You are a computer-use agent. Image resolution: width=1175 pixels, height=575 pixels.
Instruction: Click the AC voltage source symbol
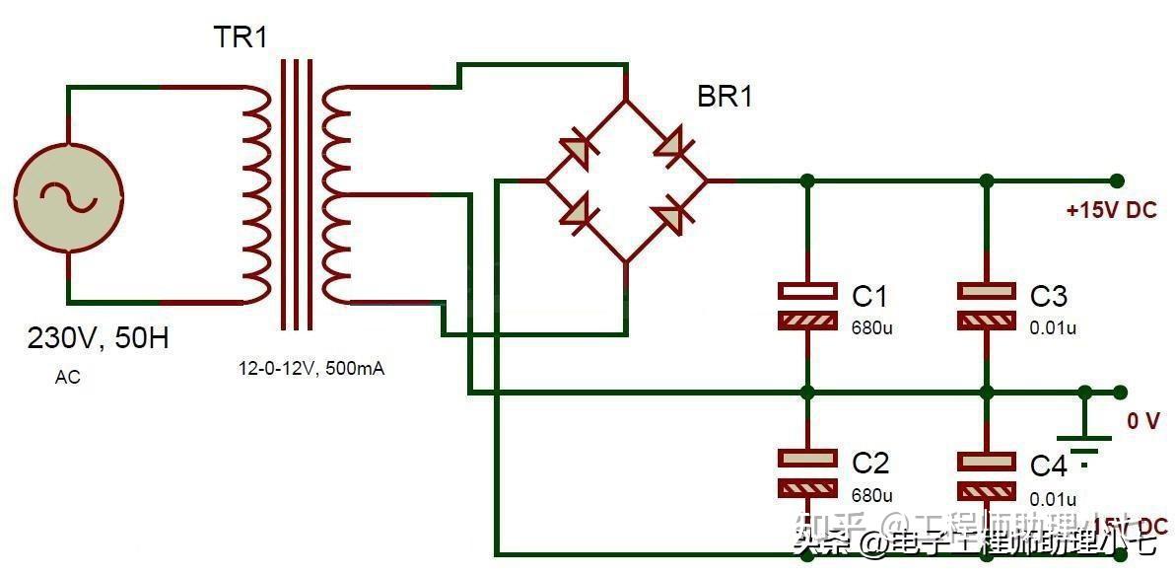[68, 193]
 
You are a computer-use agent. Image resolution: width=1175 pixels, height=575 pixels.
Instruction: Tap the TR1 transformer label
[241, 38]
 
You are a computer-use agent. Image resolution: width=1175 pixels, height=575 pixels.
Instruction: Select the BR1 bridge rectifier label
[725, 97]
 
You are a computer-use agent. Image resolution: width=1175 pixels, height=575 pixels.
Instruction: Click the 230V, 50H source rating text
[98, 338]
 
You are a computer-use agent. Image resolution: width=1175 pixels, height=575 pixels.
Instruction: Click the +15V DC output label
[1111, 210]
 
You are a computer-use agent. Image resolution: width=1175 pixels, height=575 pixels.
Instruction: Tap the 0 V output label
[1143, 421]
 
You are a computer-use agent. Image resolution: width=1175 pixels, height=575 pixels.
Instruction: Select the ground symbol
[1083, 440]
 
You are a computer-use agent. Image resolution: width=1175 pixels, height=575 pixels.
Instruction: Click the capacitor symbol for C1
[807, 306]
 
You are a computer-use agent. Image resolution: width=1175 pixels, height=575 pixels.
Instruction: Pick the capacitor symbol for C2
[807, 472]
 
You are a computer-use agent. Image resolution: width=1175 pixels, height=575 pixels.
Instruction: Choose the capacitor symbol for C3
[987, 306]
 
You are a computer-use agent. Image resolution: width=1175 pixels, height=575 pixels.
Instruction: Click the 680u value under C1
[871, 327]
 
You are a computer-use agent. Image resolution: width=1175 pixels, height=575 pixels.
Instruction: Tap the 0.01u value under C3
[1053, 327]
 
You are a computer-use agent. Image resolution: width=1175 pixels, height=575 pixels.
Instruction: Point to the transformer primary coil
[255, 193]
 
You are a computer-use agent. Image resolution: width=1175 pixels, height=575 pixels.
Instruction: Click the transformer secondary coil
[336, 193]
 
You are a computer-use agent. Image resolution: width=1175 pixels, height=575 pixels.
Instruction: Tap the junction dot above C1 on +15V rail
[807, 180]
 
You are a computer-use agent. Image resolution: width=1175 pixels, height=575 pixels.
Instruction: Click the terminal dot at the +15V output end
[1116, 180]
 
